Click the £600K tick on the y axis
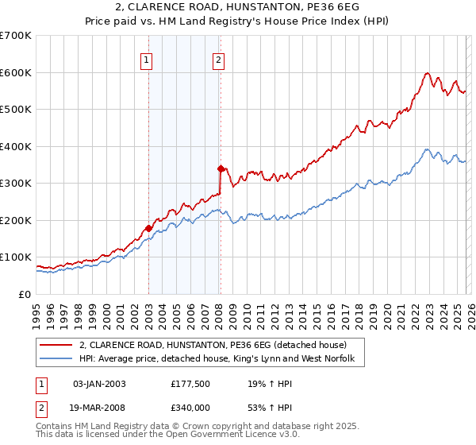pyautogui.click(x=16, y=72)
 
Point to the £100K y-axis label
pyautogui.click(x=16, y=257)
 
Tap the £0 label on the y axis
pyautogui.click(x=24, y=294)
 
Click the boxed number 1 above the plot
pyautogui.click(x=148, y=58)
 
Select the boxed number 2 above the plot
pyautogui.click(x=218, y=58)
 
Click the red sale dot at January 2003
pyautogui.click(x=148, y=228)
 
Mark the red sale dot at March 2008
pyautogui.click(x=221, y=168)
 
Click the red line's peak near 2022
pyautogui.click(x=427, y=74)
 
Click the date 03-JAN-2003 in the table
pyautogui.click(x=99, y=383)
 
